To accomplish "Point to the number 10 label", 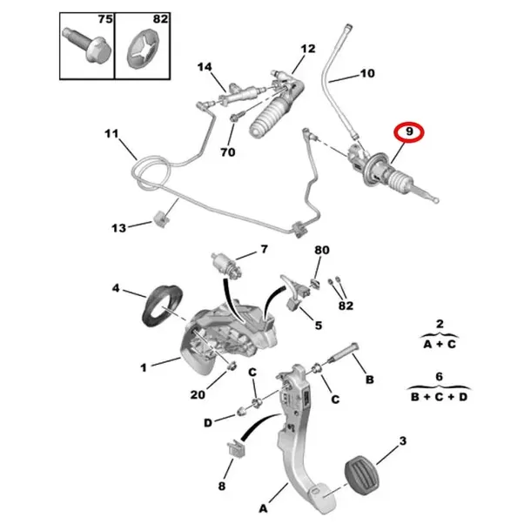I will coord(367,74).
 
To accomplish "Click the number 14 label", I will coord(205,67).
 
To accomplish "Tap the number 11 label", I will coord(110,134).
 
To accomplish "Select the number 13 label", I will coord(118,228).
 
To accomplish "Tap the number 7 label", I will coord(263,251).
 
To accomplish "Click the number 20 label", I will coord(198,394).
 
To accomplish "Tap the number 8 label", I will coord(222,487).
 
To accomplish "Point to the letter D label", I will coord(207,422).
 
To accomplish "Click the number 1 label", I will coord(144,367).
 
